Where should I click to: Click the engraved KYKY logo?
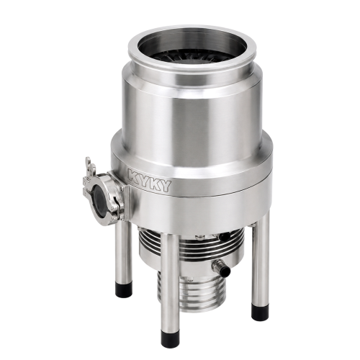point(150,179)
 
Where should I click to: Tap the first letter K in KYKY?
point(133,175)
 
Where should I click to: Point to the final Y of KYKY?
point(166,186)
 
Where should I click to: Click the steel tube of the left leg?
point(124,253)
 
